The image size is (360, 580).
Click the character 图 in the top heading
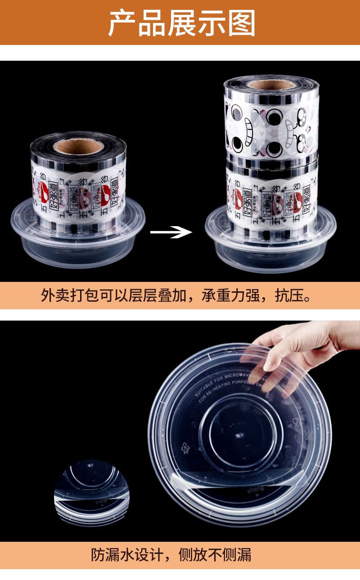tap(242, 23)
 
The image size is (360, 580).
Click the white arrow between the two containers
tap(171, 232)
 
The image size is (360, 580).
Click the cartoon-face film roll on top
tap(271, 124)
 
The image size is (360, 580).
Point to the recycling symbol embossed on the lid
tap(184, 447)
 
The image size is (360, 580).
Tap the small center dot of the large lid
tap(237, 435)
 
